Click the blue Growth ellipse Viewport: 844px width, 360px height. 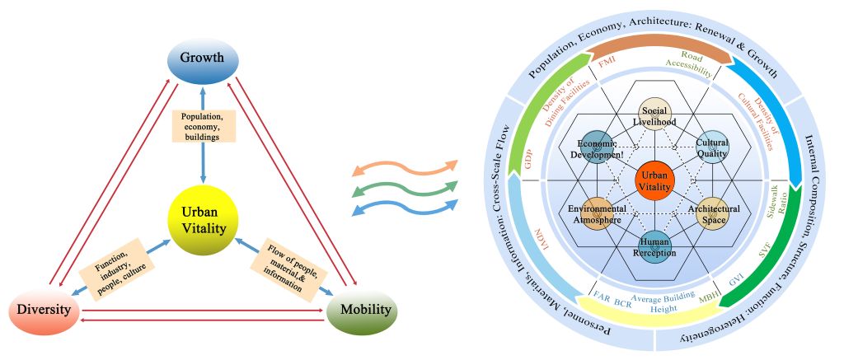(202, 59)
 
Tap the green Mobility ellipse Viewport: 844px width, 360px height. (362, 312)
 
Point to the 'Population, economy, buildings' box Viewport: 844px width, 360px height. (202, 127)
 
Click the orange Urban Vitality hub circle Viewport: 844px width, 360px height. (655, 179)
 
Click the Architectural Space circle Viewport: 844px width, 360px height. (712, 213)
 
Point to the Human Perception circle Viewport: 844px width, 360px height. (654, 245)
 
